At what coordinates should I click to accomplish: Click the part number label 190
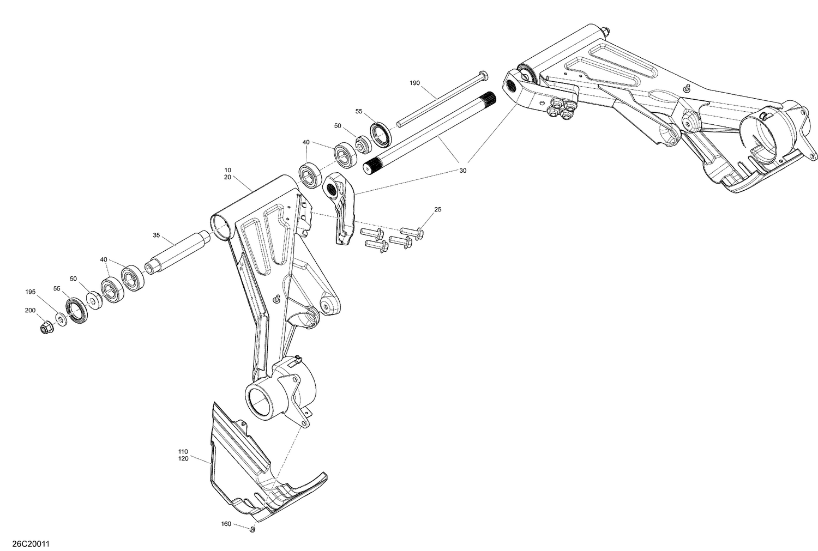pyautogui.click(x=415, y=83)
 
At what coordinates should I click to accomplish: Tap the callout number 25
pyautogui.click(x=438, y=209)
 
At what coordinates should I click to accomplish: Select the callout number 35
pyautogui.click(x=157, y=235)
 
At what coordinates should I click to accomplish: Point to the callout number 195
pyautogui.click(x=30, y=292)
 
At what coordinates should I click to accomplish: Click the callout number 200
pyautogui.click(x=30, y=310)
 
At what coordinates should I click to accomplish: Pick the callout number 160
pyautogui.click(x=226, y=524)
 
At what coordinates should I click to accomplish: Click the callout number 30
pyautogui.click(x=463, y=171)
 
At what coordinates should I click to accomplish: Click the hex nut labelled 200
pyautogui.click(x=46, y=328)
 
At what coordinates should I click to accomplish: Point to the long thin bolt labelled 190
pyautogui.click(x=436, y=100)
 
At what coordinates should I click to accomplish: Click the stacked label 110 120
pyautogui.click(x=183, y=455)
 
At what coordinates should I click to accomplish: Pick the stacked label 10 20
pyautogui.click(x=227, y=173)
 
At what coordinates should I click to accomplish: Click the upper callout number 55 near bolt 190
pyautogui.click(x=359, y=111)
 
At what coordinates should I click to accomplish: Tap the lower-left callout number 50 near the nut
pyautogui.click(x=73, y=278)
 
